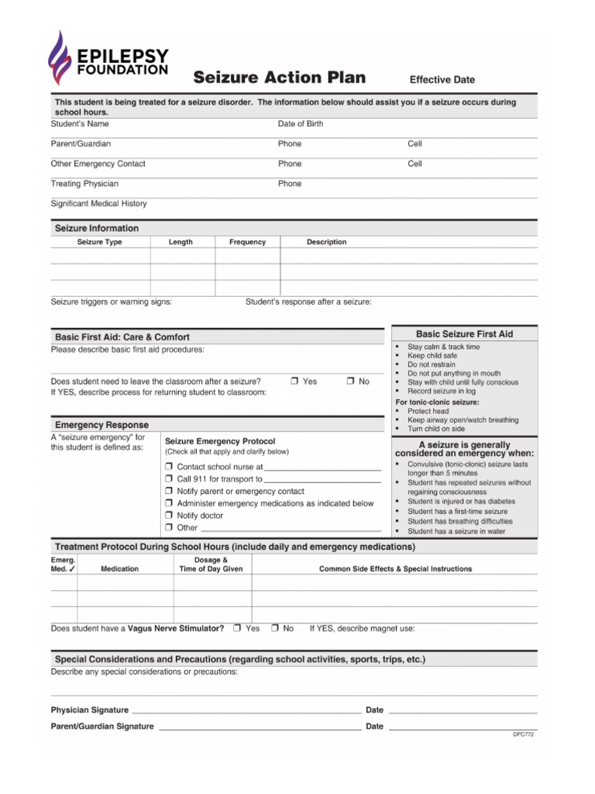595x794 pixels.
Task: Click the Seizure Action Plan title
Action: coord(280,78)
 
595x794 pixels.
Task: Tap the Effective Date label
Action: coord(442,80)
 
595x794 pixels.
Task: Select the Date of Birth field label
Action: coord(301,124)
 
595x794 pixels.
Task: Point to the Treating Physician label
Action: coord(84,184)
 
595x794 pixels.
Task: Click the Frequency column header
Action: coord(247,242)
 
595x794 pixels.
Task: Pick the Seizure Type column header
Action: coord(100,242)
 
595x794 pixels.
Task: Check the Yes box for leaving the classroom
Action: coord(295,381)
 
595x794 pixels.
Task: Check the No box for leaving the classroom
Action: coord(350,381)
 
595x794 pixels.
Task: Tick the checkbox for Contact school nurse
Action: coord(168,467)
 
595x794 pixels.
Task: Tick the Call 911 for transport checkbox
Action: coord(168,479)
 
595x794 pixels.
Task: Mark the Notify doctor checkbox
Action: coord(168,516)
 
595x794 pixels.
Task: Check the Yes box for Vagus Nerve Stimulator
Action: coord(238,628)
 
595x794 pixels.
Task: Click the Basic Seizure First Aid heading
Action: coord(465,334)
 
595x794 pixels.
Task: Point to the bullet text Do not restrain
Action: coord(432,364)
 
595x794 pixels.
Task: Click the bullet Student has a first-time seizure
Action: coord(457,512)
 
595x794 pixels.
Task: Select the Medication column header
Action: coord(120,569)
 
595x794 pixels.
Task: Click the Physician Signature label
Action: coord(90,710)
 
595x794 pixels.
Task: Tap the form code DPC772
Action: coord(524,734)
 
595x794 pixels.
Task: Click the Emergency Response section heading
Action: coord(101,425)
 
